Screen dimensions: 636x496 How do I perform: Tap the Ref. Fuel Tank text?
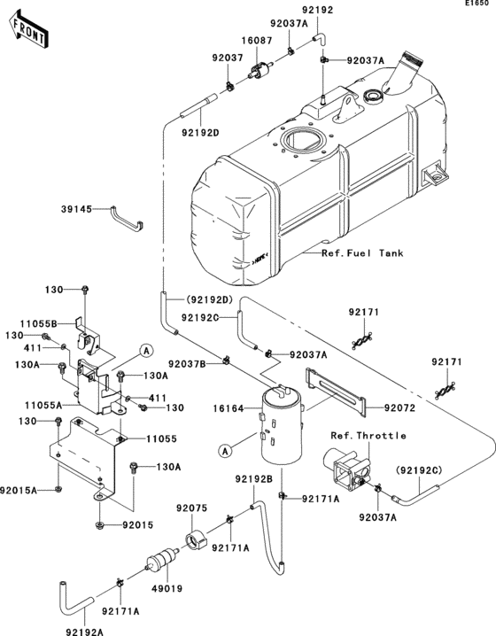(364, 253)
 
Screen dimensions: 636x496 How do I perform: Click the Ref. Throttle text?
(368, 435)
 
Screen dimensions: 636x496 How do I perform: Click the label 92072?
(399, 407)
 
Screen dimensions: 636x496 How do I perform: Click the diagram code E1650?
(477, 5)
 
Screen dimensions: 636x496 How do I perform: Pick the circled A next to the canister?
(226, 450)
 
